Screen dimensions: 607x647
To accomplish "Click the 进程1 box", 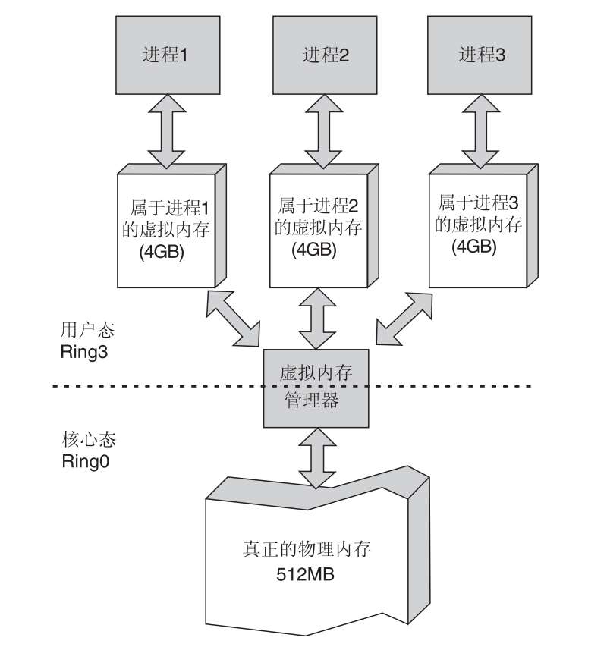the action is click(x=168, y=55).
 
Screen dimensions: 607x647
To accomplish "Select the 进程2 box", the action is click(x=325, y=55).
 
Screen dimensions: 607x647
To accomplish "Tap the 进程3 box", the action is click(x=480, y=55).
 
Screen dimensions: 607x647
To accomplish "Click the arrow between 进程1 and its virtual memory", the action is click(x=166, y=131).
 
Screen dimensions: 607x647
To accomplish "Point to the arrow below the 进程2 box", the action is click(x=323, y=131).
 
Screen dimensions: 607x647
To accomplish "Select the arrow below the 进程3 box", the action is click(x=480, y=131).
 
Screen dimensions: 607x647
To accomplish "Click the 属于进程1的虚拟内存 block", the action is click(x=171, y=226).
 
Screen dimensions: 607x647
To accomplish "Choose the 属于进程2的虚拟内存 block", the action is click(x=324, y=226).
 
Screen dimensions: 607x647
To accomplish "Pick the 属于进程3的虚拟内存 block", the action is click(x=483, y=226).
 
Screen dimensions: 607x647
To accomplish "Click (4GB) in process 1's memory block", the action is click(x=162, y=252).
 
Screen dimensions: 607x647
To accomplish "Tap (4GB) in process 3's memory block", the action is click(x=474, y=247).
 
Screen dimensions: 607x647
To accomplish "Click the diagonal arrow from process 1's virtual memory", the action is click(x=233, y=318).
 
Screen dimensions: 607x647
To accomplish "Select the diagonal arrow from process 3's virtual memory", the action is click(x=404, y=319).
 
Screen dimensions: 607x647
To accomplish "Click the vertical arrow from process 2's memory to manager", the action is click(x=317, y=319).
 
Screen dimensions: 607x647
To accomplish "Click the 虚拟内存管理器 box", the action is click(x=316, y=388).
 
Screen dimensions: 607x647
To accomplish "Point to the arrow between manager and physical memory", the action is click(x=317, y=458).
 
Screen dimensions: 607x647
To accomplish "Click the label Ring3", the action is click(x=84, y=352).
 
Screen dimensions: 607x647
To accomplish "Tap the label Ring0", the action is click(x=86, y=461).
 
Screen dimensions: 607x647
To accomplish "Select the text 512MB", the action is click(x=305, y=574).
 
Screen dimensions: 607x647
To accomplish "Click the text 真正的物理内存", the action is click(x=307, y=549).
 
